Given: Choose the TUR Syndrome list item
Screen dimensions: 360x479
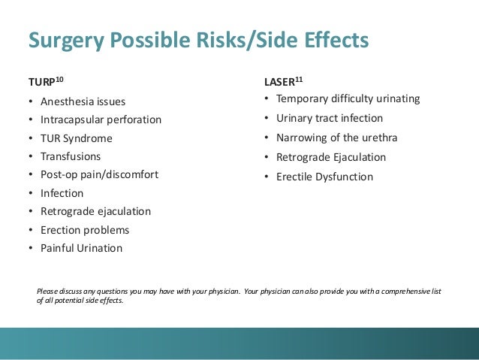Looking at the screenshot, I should point(77,138).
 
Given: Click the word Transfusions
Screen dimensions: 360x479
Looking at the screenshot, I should point(71,156).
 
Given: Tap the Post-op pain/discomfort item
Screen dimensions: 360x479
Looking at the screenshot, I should point(100,174).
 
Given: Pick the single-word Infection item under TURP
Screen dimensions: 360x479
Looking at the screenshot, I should point(62,193).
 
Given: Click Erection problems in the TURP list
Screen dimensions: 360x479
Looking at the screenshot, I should point(86,230).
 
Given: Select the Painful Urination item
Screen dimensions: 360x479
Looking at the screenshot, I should point(82,248).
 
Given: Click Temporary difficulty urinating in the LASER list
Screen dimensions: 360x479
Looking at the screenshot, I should point(348,99).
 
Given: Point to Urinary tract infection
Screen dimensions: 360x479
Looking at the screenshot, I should point(330,119).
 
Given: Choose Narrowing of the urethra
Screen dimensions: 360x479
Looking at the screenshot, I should point(337,138).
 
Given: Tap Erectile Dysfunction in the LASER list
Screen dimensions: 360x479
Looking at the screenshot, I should point(324,177).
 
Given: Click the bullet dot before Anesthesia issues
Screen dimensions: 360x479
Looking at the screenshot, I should point(31,102).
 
